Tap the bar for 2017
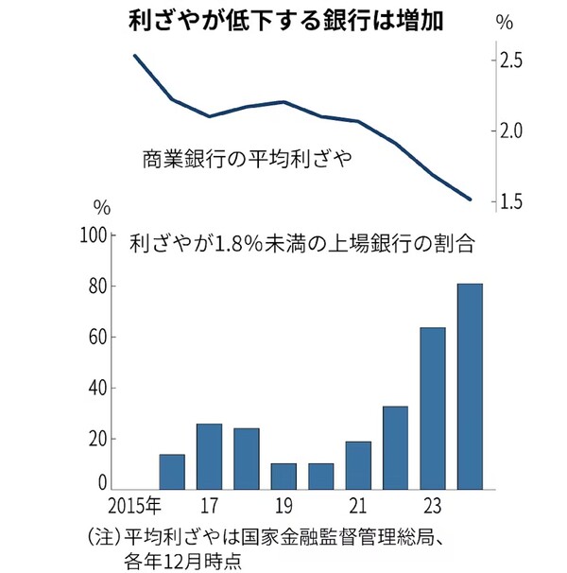pos(209,457)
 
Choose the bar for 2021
pos(358,465)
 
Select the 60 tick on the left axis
pos(103,338)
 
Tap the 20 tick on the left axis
pos(103,439)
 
